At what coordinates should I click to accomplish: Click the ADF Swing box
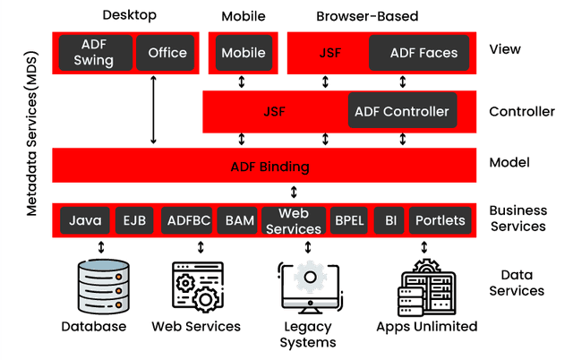[94, 53]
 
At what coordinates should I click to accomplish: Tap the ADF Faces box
[423, 53]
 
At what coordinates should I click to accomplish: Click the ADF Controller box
[401, 112]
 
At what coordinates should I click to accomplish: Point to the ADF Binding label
[269, 167]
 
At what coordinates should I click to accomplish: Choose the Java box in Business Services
[85, 220]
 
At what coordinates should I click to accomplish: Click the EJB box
[135, 220]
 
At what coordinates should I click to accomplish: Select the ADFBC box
[188, 220]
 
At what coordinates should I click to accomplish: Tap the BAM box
[239, 220]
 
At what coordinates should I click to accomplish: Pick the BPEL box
[348, 220]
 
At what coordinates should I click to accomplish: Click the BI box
[390, 220]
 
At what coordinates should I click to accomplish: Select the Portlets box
[440, 220]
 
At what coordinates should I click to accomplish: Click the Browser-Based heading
[366, 16]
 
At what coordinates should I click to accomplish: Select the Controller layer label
[522, 112]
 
